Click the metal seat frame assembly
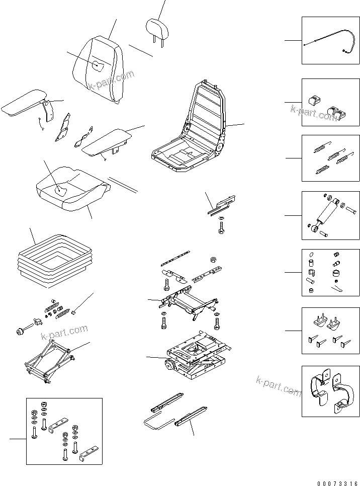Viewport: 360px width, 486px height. pos(191,131)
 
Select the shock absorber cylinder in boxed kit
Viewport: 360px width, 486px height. pos(329,214)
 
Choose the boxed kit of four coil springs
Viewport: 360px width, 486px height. pos(330,157)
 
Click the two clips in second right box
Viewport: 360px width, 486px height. pos(327,106)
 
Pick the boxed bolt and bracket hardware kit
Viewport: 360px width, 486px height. pos(64,431)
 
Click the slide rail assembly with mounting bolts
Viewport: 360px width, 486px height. pos(189,302)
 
